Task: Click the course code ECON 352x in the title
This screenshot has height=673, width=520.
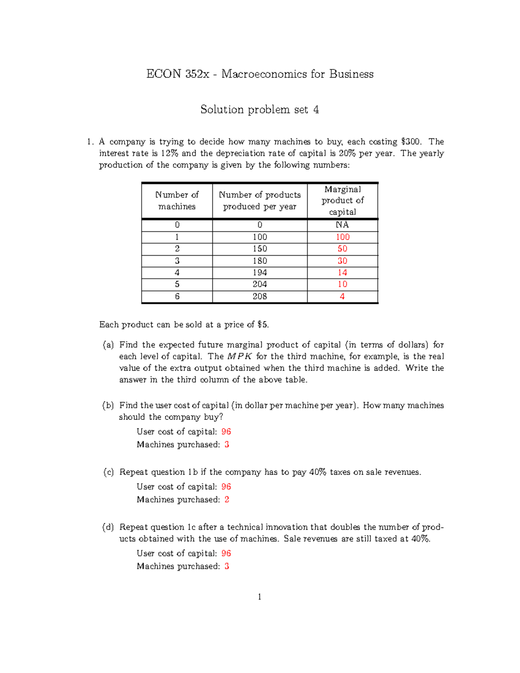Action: click(x=177, y=74)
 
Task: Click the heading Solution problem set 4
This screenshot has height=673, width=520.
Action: click(x=260, y=110)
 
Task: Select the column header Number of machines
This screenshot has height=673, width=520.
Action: click(x=177, y=201)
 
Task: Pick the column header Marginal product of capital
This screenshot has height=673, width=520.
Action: click(x=342, y=201)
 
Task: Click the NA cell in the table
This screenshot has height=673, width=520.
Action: click(x=342, y=225)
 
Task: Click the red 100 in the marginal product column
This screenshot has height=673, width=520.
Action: click(x=342, y=237)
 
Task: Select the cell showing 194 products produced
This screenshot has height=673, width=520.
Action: click(x=260, y=273)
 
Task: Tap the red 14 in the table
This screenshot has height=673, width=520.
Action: click(x=342, y=273)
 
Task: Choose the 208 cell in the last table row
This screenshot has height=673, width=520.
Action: click(x=260, y=296)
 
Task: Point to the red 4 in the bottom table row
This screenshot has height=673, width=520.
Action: click(x=342, y=296)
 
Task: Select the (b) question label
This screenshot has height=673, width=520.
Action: click(x=108, y=406)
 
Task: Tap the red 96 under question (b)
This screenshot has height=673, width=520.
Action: click(x=226, y=432)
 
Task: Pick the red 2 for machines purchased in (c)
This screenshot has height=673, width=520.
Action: click(x=227, y=500)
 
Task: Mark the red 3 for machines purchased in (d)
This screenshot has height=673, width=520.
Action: click(x=227, y=566)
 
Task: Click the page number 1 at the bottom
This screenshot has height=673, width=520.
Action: click(x=260, y=597)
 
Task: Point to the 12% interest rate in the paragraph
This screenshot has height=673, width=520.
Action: click(x=169, y=153)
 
